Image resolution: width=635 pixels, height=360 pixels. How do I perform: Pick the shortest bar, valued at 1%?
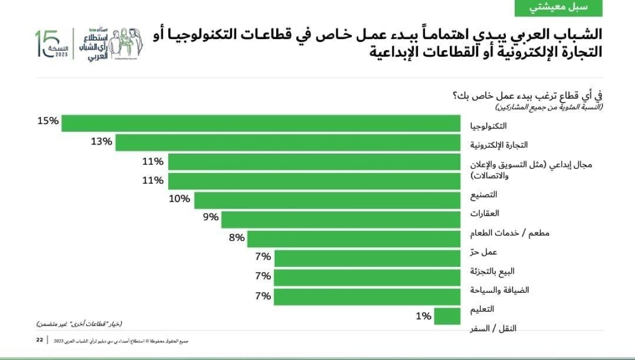click(x=447, y=316)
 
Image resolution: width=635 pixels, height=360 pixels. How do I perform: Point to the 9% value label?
click(x=211, y=217)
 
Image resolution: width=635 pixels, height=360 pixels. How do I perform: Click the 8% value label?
click(x=237, y=238)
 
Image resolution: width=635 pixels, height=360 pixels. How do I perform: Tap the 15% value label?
click(x=48, y=121)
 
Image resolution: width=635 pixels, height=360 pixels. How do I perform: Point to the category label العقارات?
click(x=484, y=214)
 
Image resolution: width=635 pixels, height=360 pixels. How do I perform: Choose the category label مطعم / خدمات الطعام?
click(x=497, y=233)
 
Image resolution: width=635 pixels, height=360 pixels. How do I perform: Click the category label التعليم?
click(x=482, y=309)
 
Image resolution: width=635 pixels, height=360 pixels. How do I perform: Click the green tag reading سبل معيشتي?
click(x=559, y=8)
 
